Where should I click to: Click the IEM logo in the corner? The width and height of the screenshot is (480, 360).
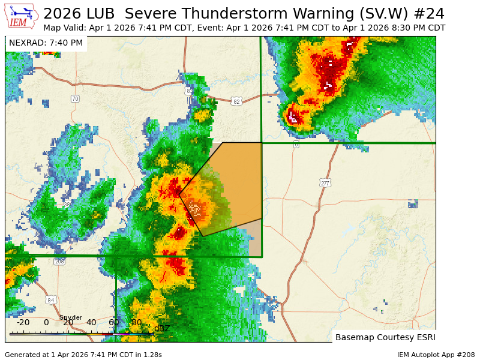tap(22, 16)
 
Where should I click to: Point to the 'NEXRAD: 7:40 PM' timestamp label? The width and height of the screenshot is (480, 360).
tap(46, 43)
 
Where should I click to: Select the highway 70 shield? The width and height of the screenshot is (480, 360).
tap(75, 98)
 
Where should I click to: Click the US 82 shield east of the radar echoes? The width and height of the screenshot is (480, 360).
tap(236, 102)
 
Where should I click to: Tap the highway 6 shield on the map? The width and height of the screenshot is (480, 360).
tap(296, 145)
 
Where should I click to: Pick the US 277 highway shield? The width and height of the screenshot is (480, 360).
tap(325, 183)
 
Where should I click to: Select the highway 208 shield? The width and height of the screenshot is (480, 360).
tap(59, 261)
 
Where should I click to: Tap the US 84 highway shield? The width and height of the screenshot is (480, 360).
tap(51, 300)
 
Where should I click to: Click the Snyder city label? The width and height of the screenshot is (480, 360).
tap(70, 317)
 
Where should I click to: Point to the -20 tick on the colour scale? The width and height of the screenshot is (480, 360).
tap(23, 323)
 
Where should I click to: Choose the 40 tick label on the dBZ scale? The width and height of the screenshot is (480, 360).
tap(91, 323)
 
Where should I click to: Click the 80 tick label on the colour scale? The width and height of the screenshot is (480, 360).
tap(136, 323)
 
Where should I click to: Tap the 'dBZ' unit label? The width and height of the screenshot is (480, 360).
tap(162, 328)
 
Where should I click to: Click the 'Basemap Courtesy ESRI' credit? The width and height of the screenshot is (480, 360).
tap(385, 337)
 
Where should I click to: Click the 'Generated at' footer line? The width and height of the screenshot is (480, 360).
tap(83, 355)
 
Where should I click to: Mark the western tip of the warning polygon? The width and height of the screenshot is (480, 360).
tap(179, 195)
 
